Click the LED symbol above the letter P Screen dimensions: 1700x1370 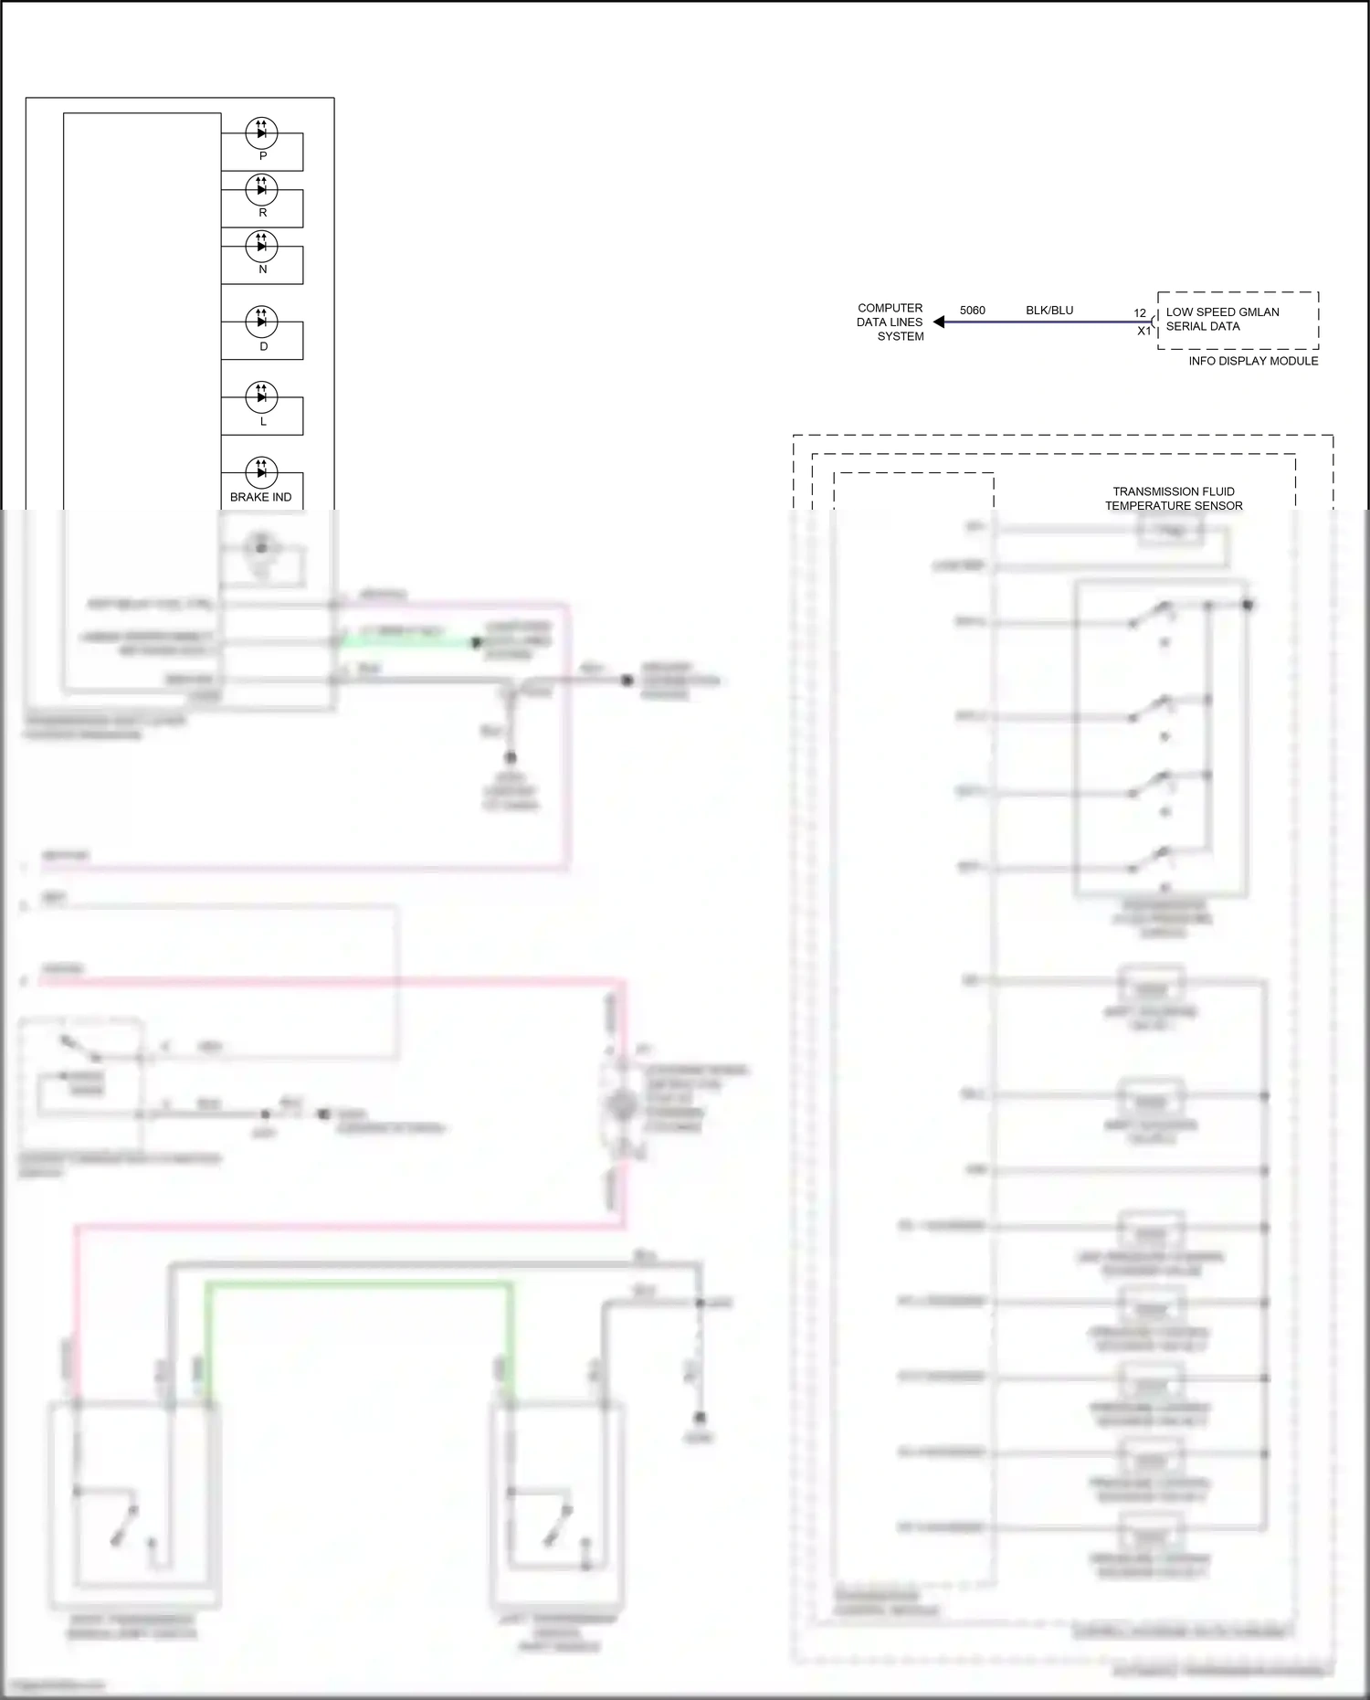261,132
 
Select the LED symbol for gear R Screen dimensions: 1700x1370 261,189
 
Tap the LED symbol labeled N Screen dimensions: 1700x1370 261,246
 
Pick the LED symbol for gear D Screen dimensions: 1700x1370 261,322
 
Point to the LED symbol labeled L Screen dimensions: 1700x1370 261,396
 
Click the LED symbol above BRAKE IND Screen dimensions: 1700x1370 261,471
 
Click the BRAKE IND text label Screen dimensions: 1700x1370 260,497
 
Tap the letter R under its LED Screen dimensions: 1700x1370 263,213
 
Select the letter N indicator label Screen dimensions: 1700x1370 263,269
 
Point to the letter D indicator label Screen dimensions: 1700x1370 263,346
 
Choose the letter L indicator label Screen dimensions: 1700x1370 263,422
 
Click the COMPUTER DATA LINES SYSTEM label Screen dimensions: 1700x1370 890,322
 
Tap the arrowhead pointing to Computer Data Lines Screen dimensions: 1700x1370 939,322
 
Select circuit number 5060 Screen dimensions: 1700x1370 972,311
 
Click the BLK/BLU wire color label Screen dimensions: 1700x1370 1049,311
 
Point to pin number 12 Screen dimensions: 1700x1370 1140,313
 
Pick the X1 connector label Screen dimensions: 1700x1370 1143,331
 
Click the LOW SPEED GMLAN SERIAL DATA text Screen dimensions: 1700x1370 1222,319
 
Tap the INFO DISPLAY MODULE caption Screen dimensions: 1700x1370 1253,361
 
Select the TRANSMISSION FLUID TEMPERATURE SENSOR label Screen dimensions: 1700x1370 1174,499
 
